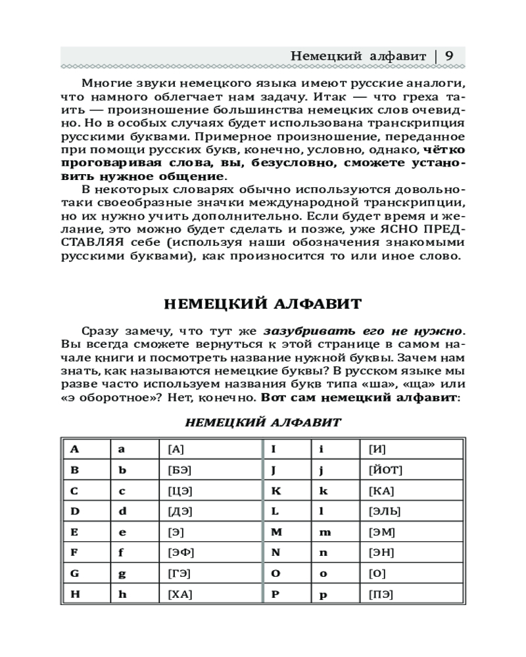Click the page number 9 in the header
tap(450, 56)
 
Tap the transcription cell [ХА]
tap(180, 595)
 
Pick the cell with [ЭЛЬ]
tap(385, 511)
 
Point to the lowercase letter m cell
tap(325, 532)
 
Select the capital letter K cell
tap(276, 491)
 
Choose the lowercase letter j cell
tap(322, 470)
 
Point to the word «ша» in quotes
tap(389, 383)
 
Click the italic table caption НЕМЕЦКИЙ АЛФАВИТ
tap(263, 422)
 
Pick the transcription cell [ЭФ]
tap(181, 553)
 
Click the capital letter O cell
tap(276, 574)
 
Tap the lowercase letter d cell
tap(122, 511)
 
